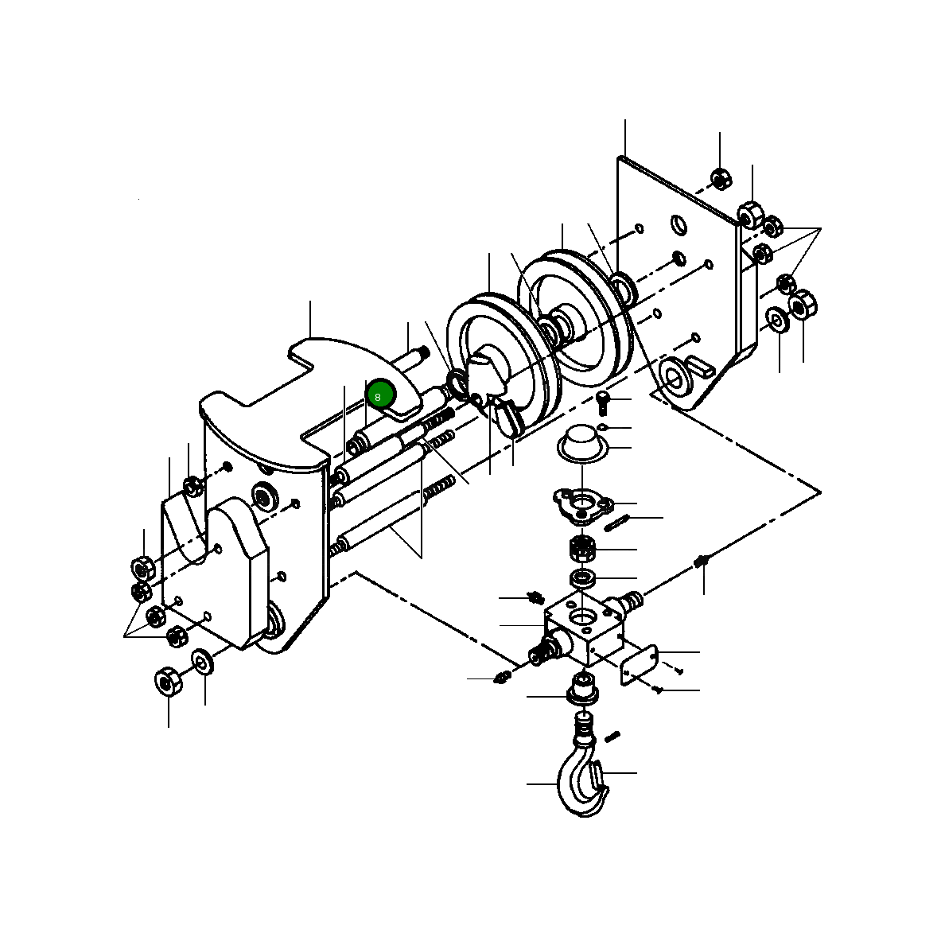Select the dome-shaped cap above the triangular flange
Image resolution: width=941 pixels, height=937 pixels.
pos(581,442)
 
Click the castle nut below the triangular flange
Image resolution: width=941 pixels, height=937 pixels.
pos(581,548)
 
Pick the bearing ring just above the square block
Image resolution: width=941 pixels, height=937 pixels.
pos(582,578)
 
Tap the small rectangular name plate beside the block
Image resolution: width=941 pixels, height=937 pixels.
pos(639,665)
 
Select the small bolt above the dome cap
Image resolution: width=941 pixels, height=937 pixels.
pos(603,402)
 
